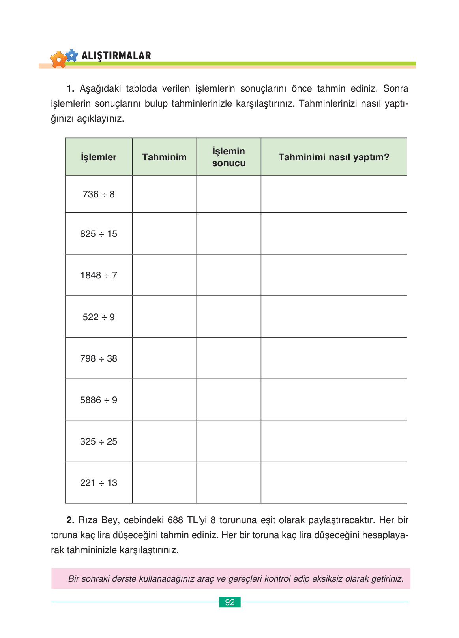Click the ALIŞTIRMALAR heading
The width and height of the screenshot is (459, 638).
pyautogui.click(x=116, y=56)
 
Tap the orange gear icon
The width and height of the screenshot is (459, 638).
pyautogui.click(x=58, y=60)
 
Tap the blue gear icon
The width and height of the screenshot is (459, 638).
pyautogui.click(x=71, y=55)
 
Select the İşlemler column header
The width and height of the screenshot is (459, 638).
pyautogui.click(x=99, y=157)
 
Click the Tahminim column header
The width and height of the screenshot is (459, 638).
pyautogui.click(x=164, y=157)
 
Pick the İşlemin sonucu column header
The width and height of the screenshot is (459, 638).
pyautogui.click(x=229, y=157)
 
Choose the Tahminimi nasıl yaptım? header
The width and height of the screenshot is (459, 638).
pyautogui.click(x=333, y=157)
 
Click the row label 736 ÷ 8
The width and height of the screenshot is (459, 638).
pyautogui.click(x=99, y=194)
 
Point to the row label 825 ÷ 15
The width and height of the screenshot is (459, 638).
pyautogui.click(x=99, y=234)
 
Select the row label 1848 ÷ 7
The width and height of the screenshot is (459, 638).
pyautogui.click(x=99, y=275)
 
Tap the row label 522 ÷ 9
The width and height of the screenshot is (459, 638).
pyautogui.click(x=99, y=317)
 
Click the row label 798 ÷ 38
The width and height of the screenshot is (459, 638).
pyautogui.click(x=99, y=358)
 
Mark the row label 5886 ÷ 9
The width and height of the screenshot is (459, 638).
pyautogui.click(x=99, y=400)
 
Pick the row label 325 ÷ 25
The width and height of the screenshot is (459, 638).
pyautogui.click(x=99, y=441)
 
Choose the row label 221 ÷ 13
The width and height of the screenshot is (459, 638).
pyautogui.click(x=99, y=483)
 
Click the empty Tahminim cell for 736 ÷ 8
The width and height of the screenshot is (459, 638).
pyautogui.click(x=164, y=194)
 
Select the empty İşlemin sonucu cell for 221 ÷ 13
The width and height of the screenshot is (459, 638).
pyautogui.click(x=229, y=483)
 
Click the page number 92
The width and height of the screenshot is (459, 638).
pyautogui.click(x=230, y=602)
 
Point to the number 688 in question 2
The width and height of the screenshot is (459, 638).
pyautogui.click(x=176, y=520)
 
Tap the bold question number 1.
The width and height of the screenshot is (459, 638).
pyautogui.click(x=71, y=88)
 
